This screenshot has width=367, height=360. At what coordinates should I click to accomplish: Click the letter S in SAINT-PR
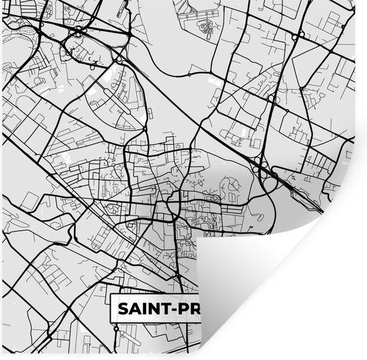coord(123,309)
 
